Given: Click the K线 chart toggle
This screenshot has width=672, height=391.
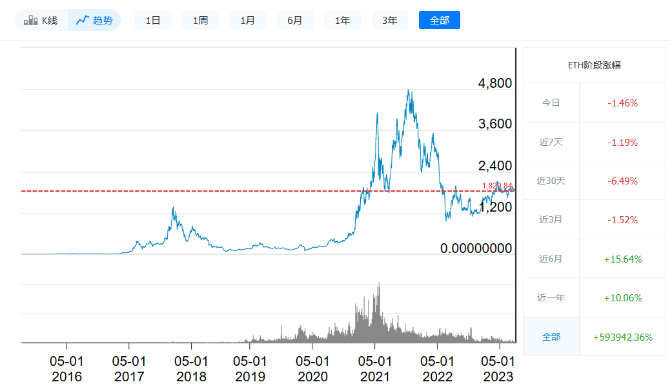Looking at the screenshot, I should pyautogui.click(x=41, y=20).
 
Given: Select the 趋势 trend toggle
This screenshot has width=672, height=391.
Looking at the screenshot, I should pyautogui.click(x=94, y=20).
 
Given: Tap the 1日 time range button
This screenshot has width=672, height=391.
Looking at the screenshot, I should pyautogui.click(x=153, y=20).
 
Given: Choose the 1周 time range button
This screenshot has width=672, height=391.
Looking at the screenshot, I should pyautogui.click(x=200, y=20).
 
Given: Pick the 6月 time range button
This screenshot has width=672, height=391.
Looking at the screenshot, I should pyautogui.click(x=295, y=20).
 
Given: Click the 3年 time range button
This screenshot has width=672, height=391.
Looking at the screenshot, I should pyautogui.click(x=390, y=20).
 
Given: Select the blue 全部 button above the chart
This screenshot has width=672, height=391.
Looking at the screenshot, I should pyautogui.click(x=439, y=20).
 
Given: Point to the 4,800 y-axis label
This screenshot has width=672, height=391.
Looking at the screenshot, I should pyautogui.click(x=494, y=83).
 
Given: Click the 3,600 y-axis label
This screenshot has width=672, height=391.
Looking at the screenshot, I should pyautogui.click(x=494, y=124).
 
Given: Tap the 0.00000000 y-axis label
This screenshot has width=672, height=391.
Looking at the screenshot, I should pyautogui.click(x=476, y=248).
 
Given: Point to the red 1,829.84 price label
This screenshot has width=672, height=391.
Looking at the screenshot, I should pyautogui.click(x=497, y=186).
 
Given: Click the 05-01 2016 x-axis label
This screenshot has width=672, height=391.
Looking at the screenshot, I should pyautogui.click(x=66, y=369).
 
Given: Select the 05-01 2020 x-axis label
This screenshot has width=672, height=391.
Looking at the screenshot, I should pyautogui.click(x=312, y=369).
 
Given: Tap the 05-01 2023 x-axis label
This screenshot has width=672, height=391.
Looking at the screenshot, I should pyautogui.click(x=498, y=369).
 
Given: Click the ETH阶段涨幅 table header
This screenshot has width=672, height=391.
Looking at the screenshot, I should pyautogui.click(x=594, y=65).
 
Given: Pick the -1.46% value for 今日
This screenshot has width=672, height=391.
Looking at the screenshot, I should pyautogui.click(x=622, y=103).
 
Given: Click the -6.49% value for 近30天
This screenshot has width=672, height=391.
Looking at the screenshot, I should pyautogui.click(x=622, y=181).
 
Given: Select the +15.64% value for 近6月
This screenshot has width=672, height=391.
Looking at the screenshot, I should pyautogui.click(x=622, y=259).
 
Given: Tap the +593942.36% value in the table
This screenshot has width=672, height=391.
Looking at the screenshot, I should pyautogui.click(x=622, y=337).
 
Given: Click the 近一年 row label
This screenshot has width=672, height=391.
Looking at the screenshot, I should pyautogui.click(x=551, y=297).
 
